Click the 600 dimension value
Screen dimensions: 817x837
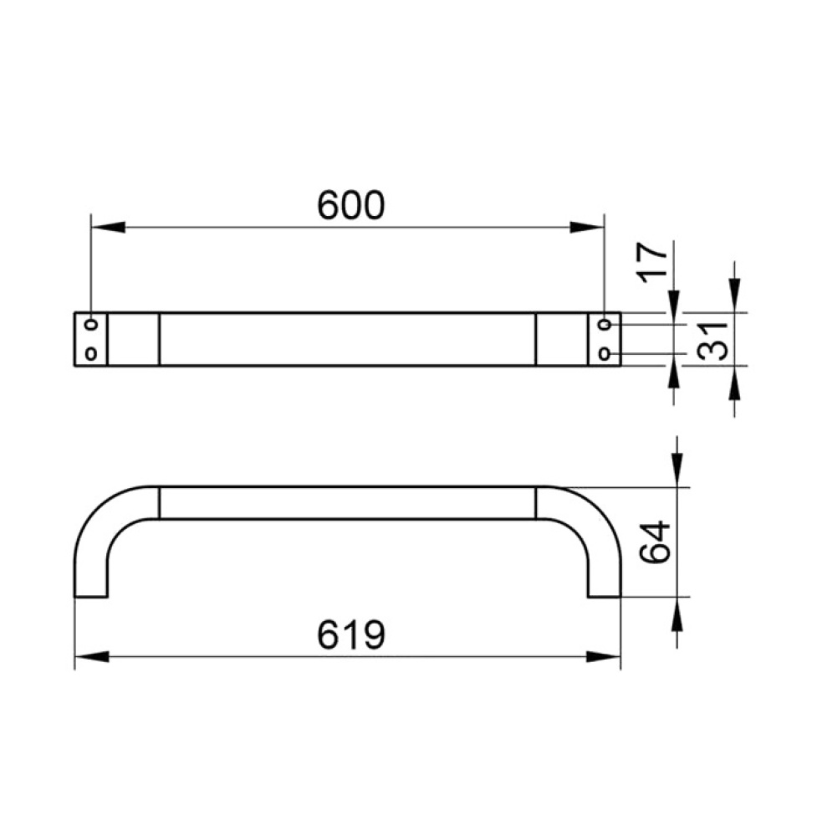pyautogui.click(x=350, y=206)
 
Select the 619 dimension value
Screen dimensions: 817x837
pyautogui.click(x=350, y=634)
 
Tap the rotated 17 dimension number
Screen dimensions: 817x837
pyautogui.click(x=654, y=261)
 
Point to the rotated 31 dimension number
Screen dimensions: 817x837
pyautogui.click(x=713, y=341)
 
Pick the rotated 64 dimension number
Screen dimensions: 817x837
pyautogui.click(x=655, y=542)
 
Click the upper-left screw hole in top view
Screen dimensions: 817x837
pyautogui.click(x=91, y=324)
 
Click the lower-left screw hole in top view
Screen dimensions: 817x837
pyautogui.click(x=91, y=353)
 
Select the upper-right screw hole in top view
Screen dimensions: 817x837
pyautogui.click(x=605, y=324)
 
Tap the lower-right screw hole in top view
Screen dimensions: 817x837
pyautogui.click(x=605, y=353)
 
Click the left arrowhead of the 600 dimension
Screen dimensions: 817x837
pyautogui.click(x=108, y=227)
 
